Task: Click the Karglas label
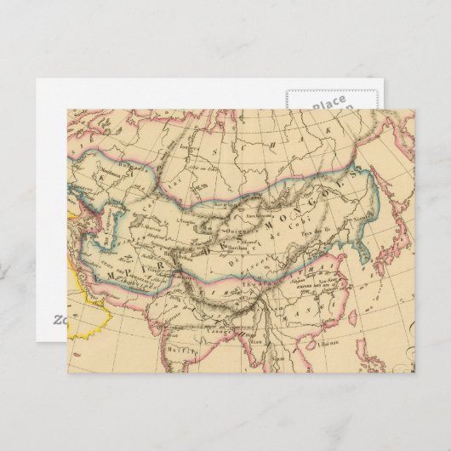coord(224,207)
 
